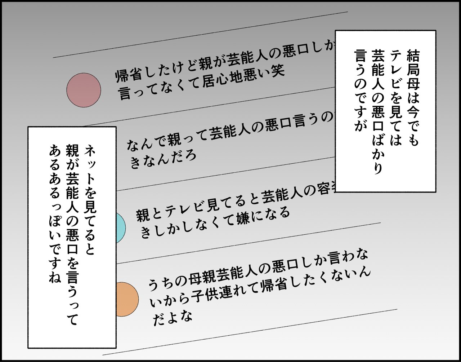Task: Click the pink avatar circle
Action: [x=84, y=90]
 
